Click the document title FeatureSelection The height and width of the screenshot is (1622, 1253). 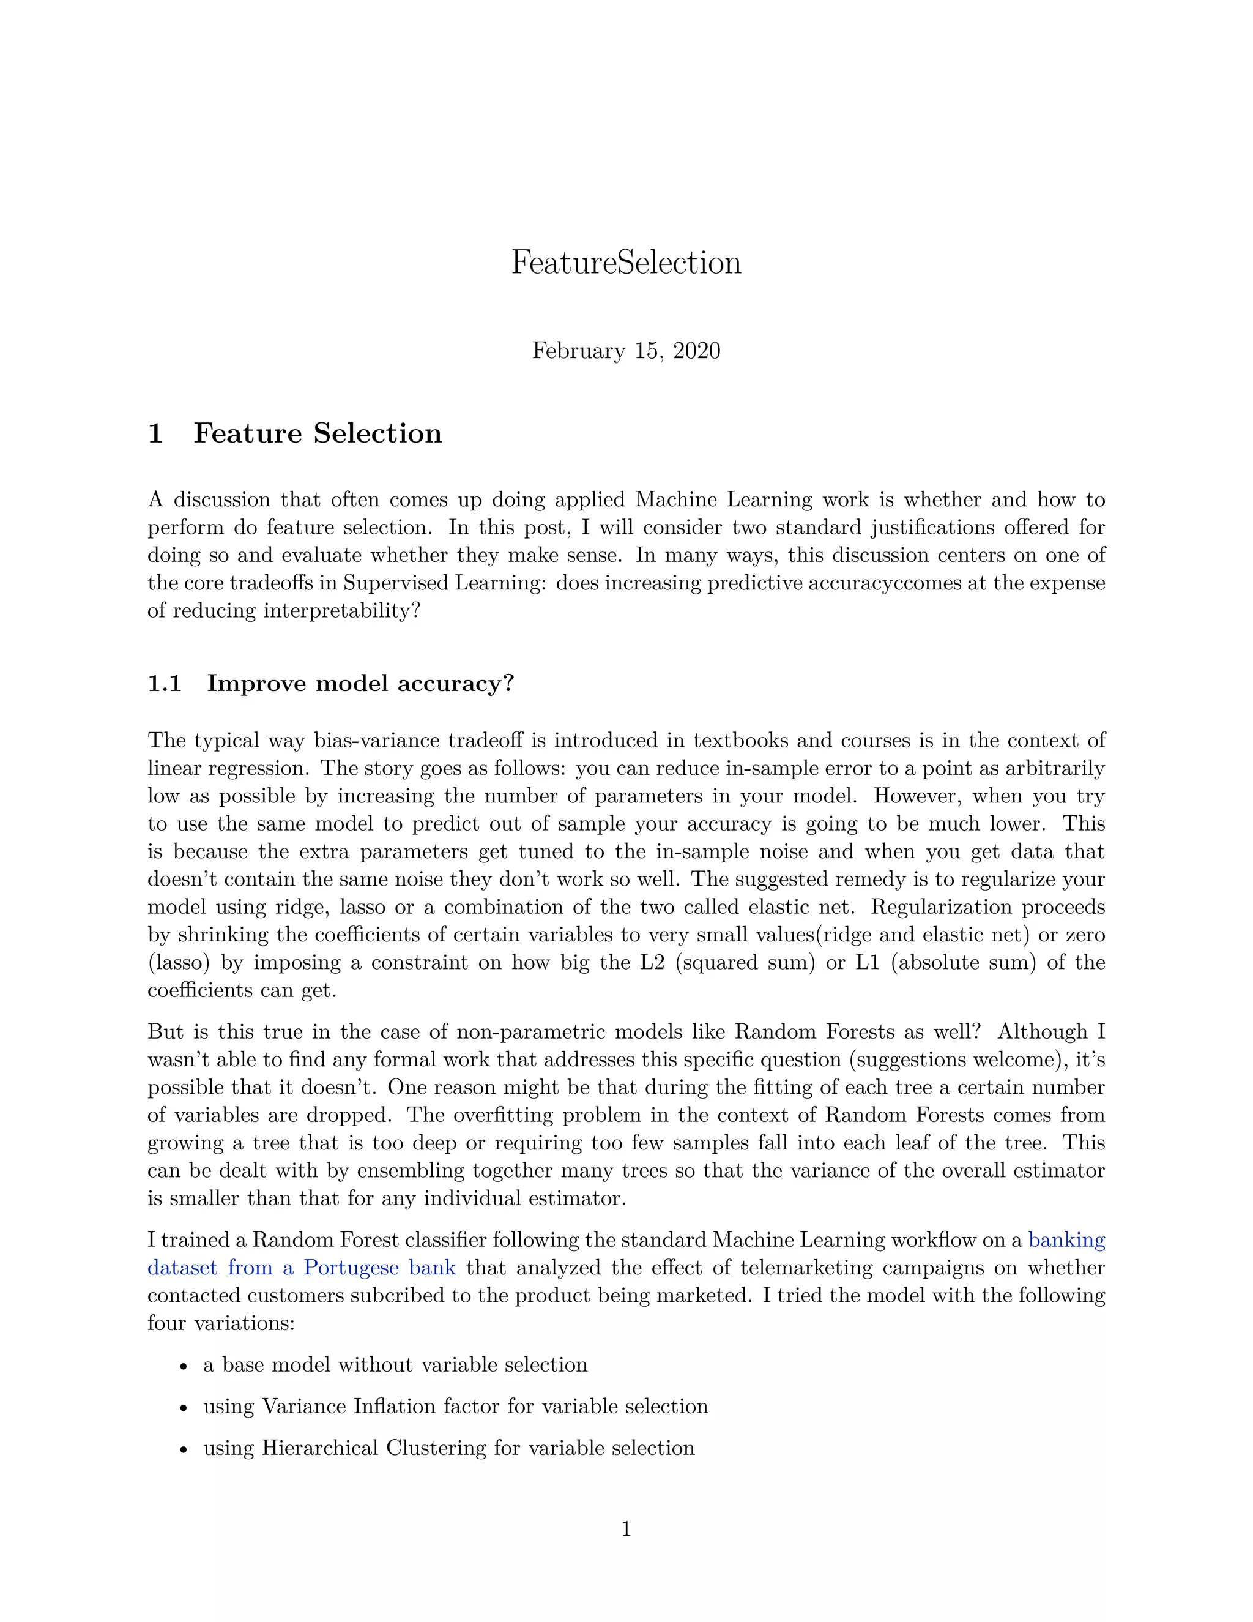pos(626,263)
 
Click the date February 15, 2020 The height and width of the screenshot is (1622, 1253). pos(626,351)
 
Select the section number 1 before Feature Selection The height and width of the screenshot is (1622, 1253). pos(155,434)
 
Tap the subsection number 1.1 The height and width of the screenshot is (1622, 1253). pos(165,683)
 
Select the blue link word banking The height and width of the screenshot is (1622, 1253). pos(1066,1240)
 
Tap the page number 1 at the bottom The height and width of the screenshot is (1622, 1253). pos(626,1529)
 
